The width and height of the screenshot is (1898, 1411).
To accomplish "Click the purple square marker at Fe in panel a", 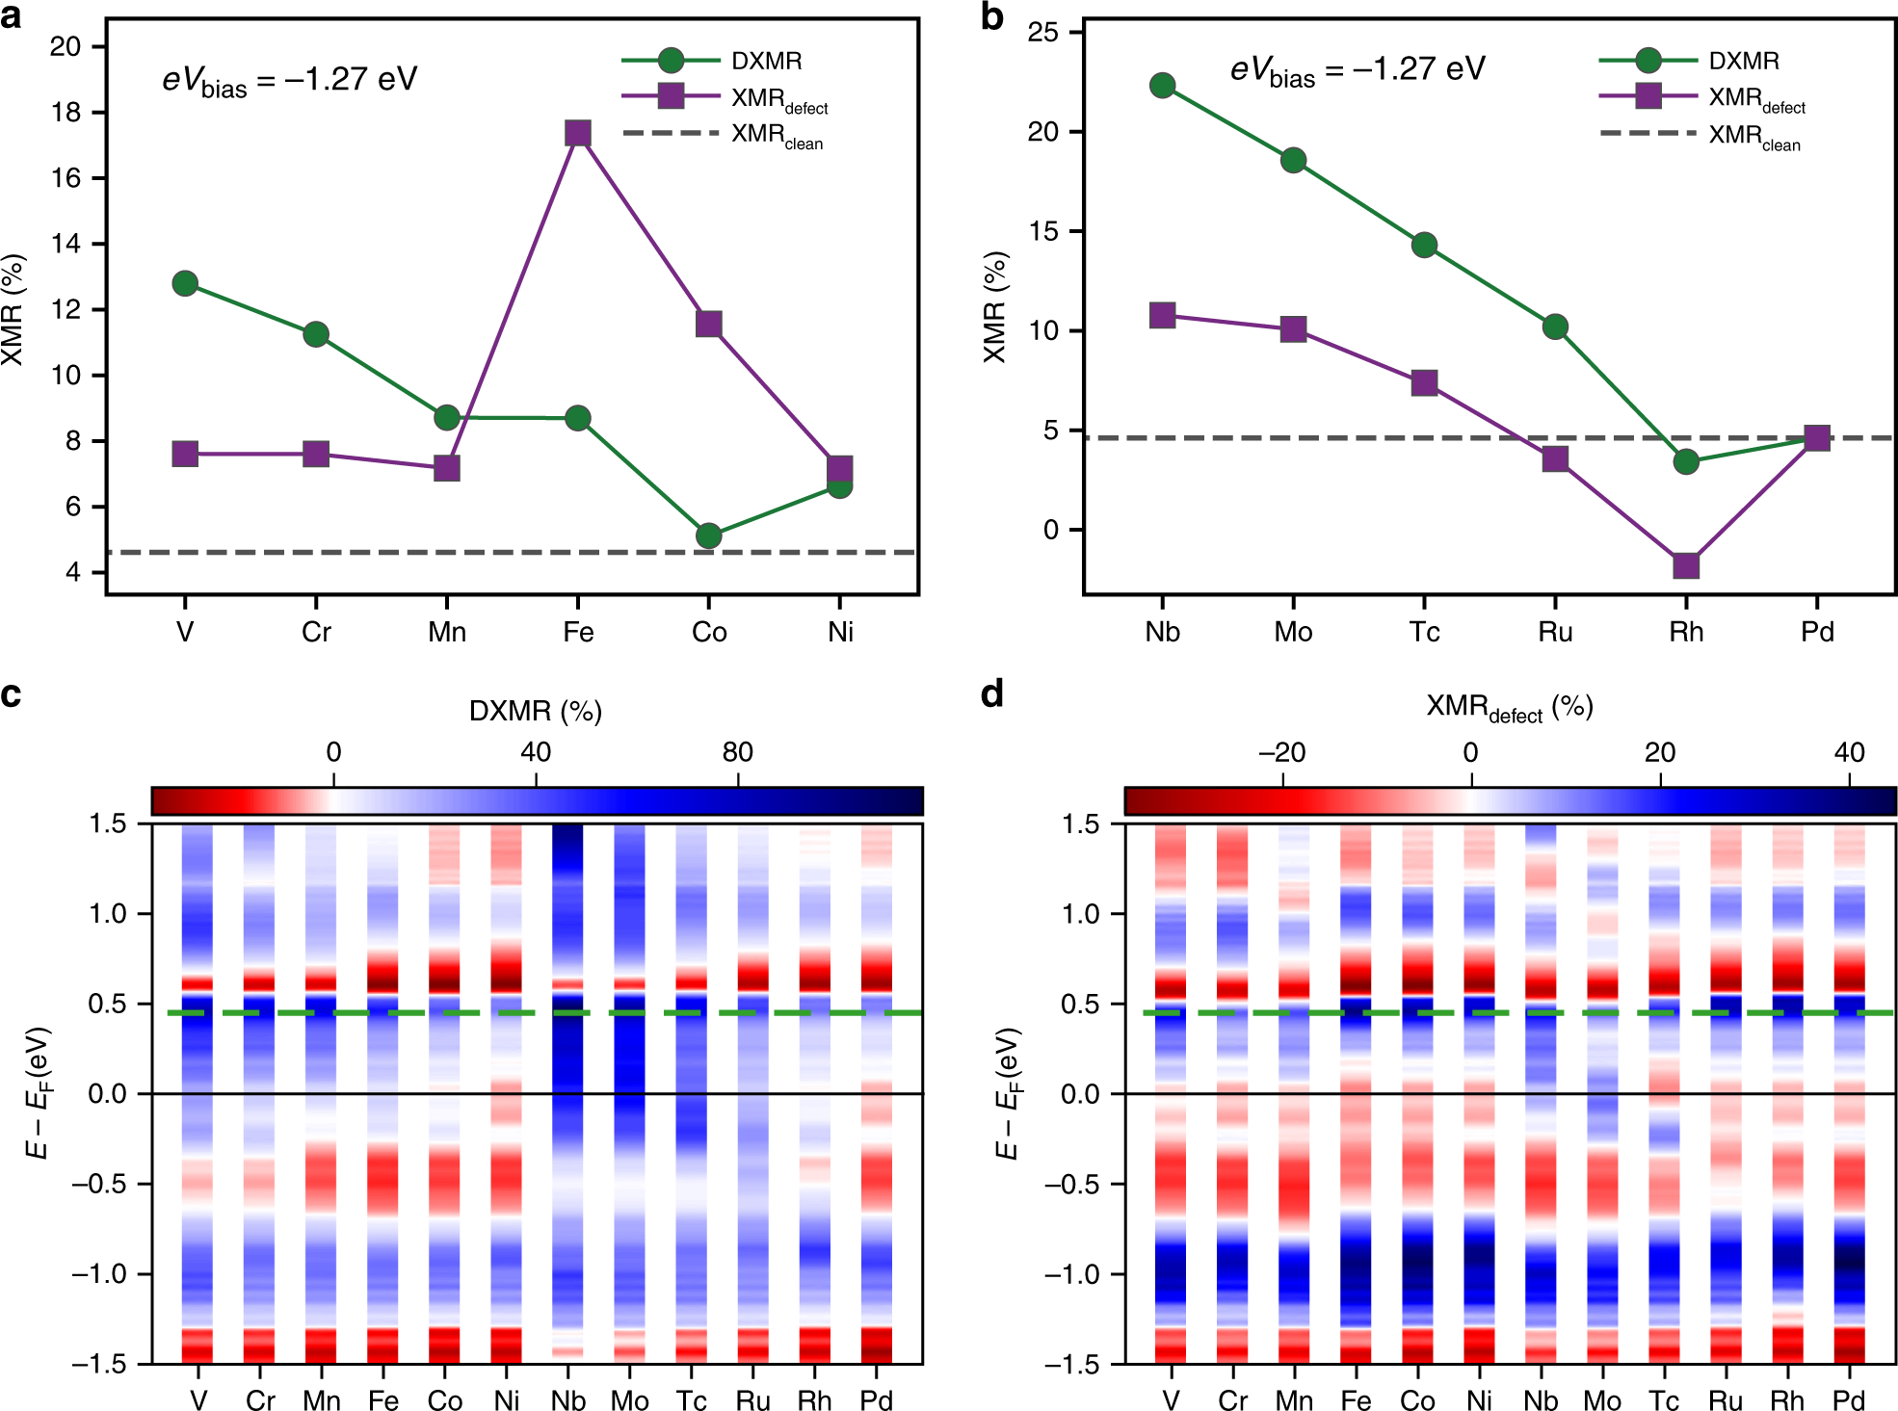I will point(577,133).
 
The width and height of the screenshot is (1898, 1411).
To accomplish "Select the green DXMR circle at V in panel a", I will point(185,283).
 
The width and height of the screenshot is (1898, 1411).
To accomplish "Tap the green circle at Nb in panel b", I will point(1162,86).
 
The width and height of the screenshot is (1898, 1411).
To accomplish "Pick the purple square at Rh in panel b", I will point(1685,565).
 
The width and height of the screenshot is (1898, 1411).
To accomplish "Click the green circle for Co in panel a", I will point(708,536).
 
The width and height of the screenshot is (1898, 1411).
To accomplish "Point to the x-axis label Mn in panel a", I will point(447,632).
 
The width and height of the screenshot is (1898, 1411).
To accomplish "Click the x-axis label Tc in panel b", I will point(1424,632).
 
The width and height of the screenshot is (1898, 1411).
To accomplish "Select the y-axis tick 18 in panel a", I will point(66,113).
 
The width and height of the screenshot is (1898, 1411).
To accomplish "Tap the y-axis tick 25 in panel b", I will point(1042,33).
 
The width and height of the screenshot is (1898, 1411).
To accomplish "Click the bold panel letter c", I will point(11,694).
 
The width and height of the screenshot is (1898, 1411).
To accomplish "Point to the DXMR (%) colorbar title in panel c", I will point(536,711).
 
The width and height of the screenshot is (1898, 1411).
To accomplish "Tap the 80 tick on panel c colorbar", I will point(737,752).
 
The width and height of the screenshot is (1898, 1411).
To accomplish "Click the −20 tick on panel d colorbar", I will point(1281,752).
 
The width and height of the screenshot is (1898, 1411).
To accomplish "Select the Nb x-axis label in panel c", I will point(567,1399).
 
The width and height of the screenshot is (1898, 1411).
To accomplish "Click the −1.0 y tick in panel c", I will point(99,1274).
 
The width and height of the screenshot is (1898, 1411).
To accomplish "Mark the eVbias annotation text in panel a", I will point(289,80).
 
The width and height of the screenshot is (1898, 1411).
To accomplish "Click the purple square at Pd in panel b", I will point(1816,438).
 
